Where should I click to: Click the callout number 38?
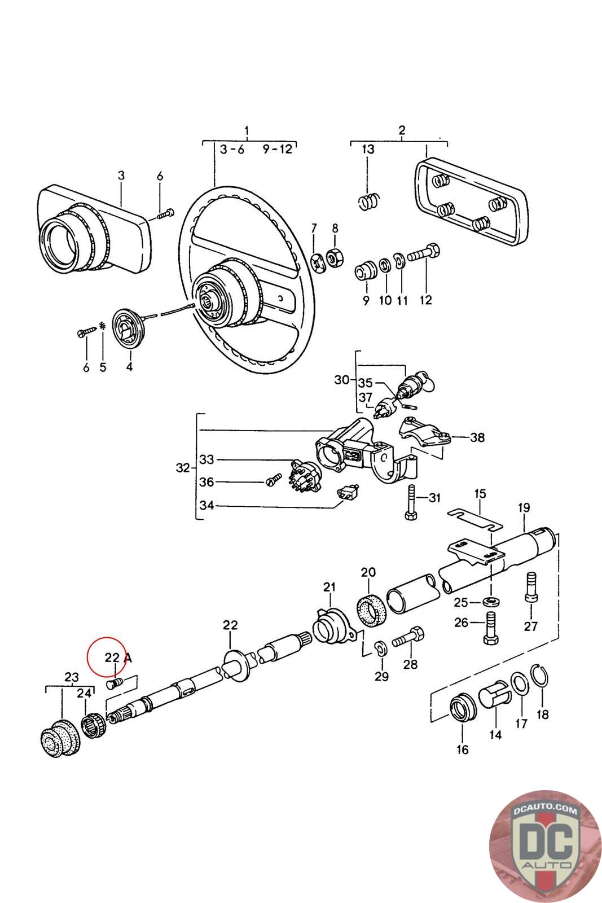[x=477, y=437]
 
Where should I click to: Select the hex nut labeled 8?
[x=334, y=257]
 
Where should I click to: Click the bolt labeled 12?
[x=424, y=253]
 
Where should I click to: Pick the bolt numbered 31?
[x=411, y=502]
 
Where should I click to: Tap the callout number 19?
[x=524, y=507]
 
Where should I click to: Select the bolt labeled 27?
[x=531, y=588]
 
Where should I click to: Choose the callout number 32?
[x=183, y=468]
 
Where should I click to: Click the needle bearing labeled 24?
[x=94, y=726]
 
